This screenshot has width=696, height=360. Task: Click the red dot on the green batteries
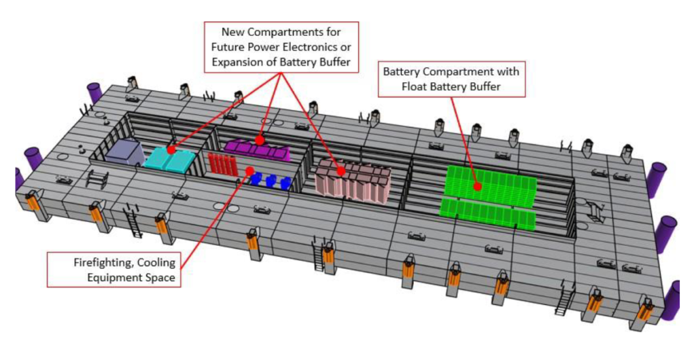[478, 185]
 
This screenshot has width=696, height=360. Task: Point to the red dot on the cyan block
[171, 148]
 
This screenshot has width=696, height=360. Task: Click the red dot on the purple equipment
[260, 139]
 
